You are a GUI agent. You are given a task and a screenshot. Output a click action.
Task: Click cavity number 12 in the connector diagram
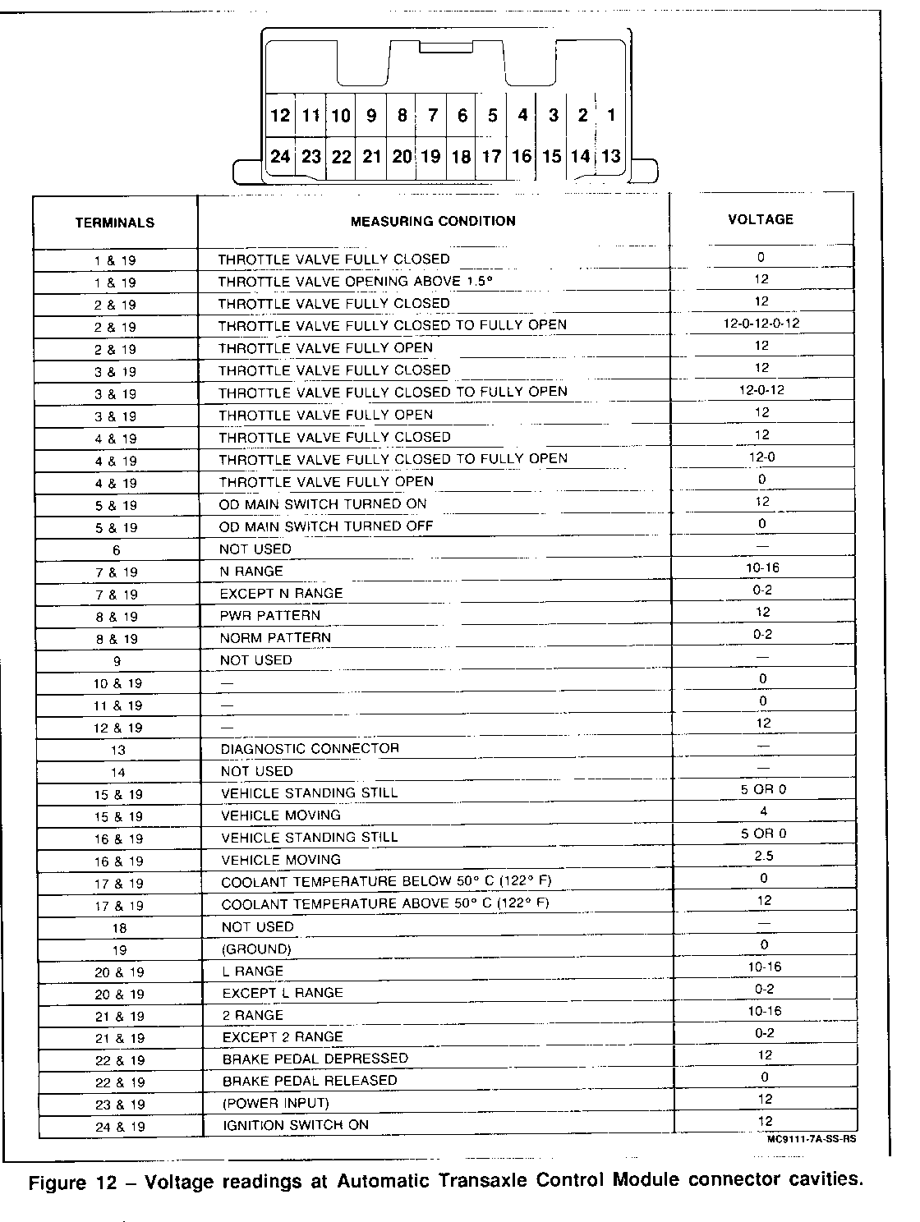click(280, 116)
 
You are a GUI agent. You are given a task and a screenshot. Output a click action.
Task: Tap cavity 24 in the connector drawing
click(280, 156)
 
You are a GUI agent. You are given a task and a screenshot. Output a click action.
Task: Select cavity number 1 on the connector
click(611, 116)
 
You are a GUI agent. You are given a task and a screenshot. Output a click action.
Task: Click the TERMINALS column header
click(115, 223)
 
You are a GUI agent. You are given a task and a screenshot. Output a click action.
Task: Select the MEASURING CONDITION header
click(433, 221)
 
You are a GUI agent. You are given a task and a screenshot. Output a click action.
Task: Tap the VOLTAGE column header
click(761, 219)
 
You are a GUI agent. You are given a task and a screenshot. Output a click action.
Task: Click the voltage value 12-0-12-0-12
click(761, 324)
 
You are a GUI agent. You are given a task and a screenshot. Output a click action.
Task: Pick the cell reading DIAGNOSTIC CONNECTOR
click(310, 749)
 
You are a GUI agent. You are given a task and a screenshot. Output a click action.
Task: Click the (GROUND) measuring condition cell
click(256, 949)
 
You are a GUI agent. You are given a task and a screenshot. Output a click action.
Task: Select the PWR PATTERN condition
click(269, 615)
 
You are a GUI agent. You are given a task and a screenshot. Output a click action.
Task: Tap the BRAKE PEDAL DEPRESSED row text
click(315, 1059)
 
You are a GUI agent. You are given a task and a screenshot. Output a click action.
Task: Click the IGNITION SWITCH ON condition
click(296, 1125)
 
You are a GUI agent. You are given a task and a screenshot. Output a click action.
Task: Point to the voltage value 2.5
click(763, 856)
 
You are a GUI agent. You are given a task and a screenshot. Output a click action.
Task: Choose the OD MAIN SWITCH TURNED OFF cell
click(325, 526)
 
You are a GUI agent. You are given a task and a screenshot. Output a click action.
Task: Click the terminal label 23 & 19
click(119, 1105)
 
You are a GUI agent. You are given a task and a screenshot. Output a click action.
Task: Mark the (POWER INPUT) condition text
click(275, 1103)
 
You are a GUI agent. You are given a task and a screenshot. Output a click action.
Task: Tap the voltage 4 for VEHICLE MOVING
click(763, 811)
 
